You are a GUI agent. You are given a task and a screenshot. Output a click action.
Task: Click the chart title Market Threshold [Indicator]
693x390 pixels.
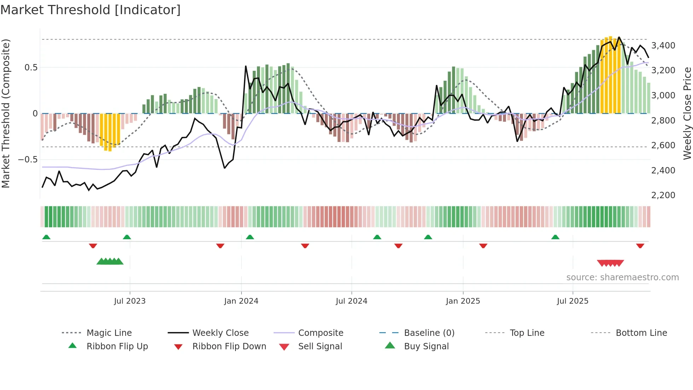pyautogui.click(x=91, y=10)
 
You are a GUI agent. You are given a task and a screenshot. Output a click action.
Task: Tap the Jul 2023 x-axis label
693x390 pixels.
pyautogui.click(x=130, y=301)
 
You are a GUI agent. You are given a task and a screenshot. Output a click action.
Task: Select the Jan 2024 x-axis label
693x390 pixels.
pyautogui.click(x=241, y=301)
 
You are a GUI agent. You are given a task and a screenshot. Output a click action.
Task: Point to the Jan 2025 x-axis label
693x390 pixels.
pyautogui.click(x=463, y=301)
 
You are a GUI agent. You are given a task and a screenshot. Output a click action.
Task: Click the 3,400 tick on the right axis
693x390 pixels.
pyautogui.click(x=663, y=46)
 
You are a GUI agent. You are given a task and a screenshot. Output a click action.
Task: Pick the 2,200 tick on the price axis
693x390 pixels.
pyautogui.click(x=663, y=195)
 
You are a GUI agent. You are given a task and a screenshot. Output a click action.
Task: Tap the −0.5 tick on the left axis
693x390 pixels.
pyautogui.click(x=28, y=160)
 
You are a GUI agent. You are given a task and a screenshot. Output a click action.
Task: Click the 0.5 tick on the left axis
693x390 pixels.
pyautogui.click(x=31, y=68)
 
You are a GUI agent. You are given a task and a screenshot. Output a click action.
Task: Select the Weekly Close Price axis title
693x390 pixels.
pyautogui.click(x=687, y=113)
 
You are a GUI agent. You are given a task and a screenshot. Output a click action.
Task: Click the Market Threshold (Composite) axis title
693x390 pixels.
pyautogui.click(x=6, y=113)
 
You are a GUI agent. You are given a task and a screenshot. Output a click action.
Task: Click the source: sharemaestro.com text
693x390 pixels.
pyautogui.click(x=622, y=277)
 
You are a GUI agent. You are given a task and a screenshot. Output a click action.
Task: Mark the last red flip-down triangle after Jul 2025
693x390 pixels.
pyautogui.click(x=640, y=246)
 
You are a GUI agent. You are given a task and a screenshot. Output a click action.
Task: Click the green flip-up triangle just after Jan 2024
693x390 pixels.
pyautogui.click(x=250, y=237)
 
